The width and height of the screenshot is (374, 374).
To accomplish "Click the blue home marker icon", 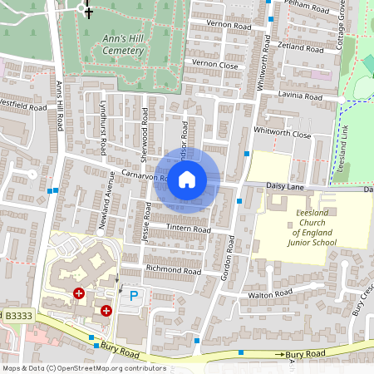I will coord(187,180).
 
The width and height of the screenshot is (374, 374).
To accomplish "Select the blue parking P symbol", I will coord(133,295).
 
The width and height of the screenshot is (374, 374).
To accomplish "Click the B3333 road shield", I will coord(17,316).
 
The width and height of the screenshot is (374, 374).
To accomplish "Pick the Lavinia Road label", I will coord(301,96).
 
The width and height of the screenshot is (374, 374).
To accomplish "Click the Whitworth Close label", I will coord(283,134).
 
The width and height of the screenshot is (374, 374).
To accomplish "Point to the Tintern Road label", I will coord(190,229).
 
